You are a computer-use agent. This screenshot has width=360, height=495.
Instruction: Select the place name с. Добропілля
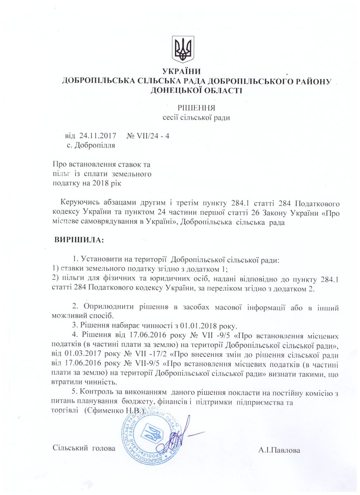90,145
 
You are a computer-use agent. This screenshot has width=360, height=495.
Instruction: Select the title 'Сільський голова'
84,448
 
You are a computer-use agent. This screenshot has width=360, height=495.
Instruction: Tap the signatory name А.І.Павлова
279,450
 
